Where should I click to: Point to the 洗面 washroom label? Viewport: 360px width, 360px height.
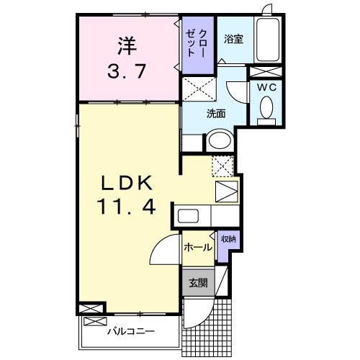[216, 113]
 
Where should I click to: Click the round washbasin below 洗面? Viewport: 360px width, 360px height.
[220, 140]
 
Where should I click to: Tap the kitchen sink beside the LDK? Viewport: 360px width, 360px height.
[189, 216]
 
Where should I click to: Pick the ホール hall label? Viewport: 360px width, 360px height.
[197, 247]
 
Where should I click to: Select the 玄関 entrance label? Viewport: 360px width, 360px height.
[197, 283]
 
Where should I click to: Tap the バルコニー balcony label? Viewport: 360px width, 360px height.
[130, 333]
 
